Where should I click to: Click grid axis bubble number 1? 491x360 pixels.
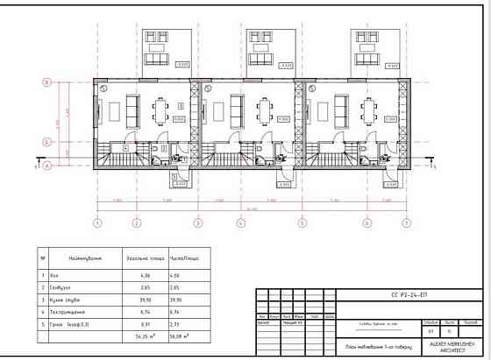(x=97, y=222)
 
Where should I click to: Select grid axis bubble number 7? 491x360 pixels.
(x=406, y=222)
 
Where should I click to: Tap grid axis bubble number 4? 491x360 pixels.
(x=239, y=222)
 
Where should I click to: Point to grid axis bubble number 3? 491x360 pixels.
(x=198, y=222)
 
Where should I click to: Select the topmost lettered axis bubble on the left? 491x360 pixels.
(x=46, y=82)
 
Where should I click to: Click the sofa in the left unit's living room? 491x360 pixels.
(x=133, y=110)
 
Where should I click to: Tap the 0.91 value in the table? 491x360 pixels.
(x=146, y=323)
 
